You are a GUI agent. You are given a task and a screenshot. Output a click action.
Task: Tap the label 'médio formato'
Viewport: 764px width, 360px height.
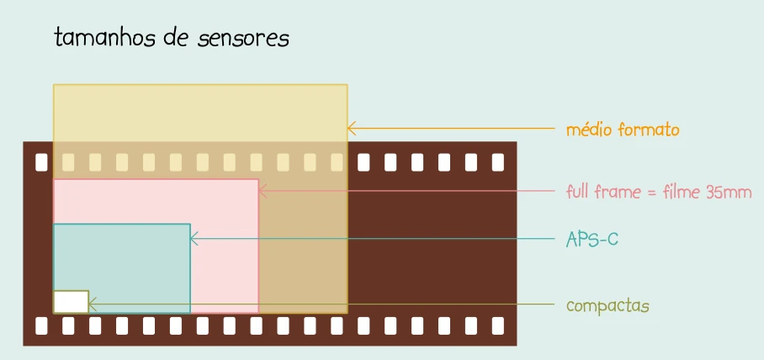point(623,130)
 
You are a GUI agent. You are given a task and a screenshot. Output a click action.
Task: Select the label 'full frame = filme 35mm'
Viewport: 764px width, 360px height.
point(659,192)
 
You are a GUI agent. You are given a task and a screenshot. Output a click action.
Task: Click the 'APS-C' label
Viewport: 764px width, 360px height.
point(592,239)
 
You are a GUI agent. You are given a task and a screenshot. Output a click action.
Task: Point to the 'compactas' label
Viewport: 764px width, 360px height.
point(608,305)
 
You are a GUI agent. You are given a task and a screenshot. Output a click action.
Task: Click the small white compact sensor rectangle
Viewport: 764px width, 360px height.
point(71,301)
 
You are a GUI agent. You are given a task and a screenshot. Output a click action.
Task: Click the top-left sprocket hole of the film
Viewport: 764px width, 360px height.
point(41,161)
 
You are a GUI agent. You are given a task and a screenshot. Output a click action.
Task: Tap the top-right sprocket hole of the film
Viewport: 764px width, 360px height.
point(497,161)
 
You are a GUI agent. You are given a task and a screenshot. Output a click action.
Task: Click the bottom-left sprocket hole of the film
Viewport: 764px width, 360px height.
point(41,325)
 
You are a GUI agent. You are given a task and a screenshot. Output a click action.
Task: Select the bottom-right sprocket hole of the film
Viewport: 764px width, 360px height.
point(497,325)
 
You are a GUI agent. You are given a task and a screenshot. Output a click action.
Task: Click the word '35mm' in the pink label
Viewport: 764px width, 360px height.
point(729,192)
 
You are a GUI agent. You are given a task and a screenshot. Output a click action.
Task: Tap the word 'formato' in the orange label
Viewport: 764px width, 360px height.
point(648,130)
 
